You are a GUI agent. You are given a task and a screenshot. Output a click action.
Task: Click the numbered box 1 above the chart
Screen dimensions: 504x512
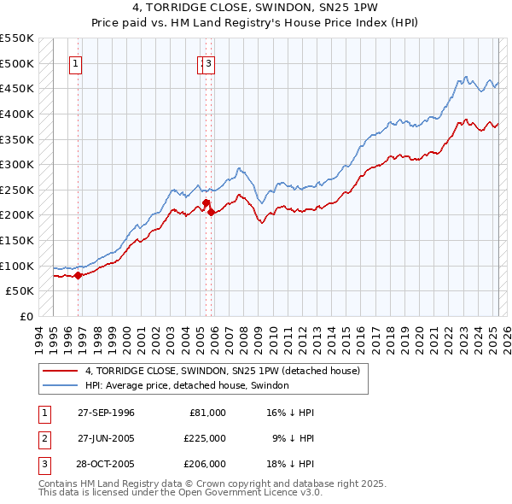[x=76, y=62]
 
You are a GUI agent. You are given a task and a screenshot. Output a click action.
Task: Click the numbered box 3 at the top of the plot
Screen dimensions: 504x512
[x=208, y=62]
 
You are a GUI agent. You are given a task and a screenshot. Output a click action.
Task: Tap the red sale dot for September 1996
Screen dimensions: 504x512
[x=78, y=275]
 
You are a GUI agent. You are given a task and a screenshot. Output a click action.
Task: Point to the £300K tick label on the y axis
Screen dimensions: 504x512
[x=17, y=164]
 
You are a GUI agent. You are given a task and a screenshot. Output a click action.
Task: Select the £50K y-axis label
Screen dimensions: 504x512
[x=20, y=290]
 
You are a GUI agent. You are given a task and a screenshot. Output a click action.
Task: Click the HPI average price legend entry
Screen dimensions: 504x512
[x=187, y=385]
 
